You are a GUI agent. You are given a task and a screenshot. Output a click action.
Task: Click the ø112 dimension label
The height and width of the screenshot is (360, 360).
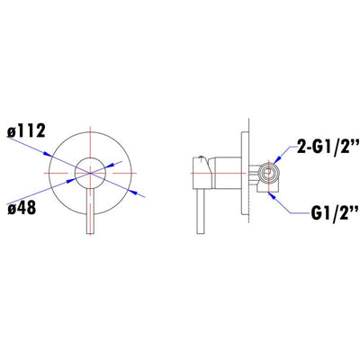(26, 130)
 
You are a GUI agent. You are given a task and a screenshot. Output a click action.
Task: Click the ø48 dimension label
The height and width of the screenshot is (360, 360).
(22, 207)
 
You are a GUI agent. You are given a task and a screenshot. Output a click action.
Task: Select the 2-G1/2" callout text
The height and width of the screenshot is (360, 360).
(328, 147)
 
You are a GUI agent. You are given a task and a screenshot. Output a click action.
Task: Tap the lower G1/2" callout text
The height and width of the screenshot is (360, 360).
(335, 213)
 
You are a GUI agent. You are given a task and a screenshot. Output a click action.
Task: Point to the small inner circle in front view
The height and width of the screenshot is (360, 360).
(90, 157)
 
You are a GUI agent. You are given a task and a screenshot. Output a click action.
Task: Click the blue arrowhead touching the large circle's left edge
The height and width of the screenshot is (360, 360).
(48, 154)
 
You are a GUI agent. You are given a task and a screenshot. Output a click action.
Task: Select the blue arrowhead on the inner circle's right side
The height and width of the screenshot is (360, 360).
(110, 166)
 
